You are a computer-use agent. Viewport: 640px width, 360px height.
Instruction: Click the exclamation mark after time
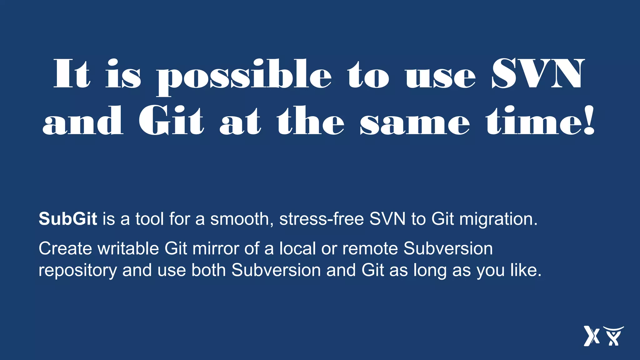589,121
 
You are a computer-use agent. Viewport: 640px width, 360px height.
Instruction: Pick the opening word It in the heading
72,74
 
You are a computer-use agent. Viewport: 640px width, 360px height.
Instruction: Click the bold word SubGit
68,219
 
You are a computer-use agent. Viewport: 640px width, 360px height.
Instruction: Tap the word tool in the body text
149,219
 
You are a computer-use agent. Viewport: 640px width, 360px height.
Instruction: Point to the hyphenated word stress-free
322,219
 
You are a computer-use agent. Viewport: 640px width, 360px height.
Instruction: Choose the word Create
65,249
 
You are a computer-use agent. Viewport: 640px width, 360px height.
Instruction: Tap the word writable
128,249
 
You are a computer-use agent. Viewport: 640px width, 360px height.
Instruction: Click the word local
297,249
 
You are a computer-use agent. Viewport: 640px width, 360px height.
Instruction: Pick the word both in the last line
208,270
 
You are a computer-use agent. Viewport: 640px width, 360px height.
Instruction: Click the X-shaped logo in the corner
591,336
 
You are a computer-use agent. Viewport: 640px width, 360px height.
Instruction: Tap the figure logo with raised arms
613,336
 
